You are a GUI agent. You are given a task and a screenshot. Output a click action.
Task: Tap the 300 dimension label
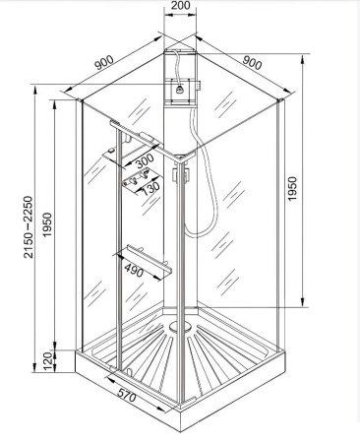tap(145, 158)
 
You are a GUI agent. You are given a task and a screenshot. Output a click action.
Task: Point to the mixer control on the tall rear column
tap(180, 89)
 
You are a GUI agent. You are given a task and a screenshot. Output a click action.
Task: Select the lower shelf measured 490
tap(148, 257)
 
